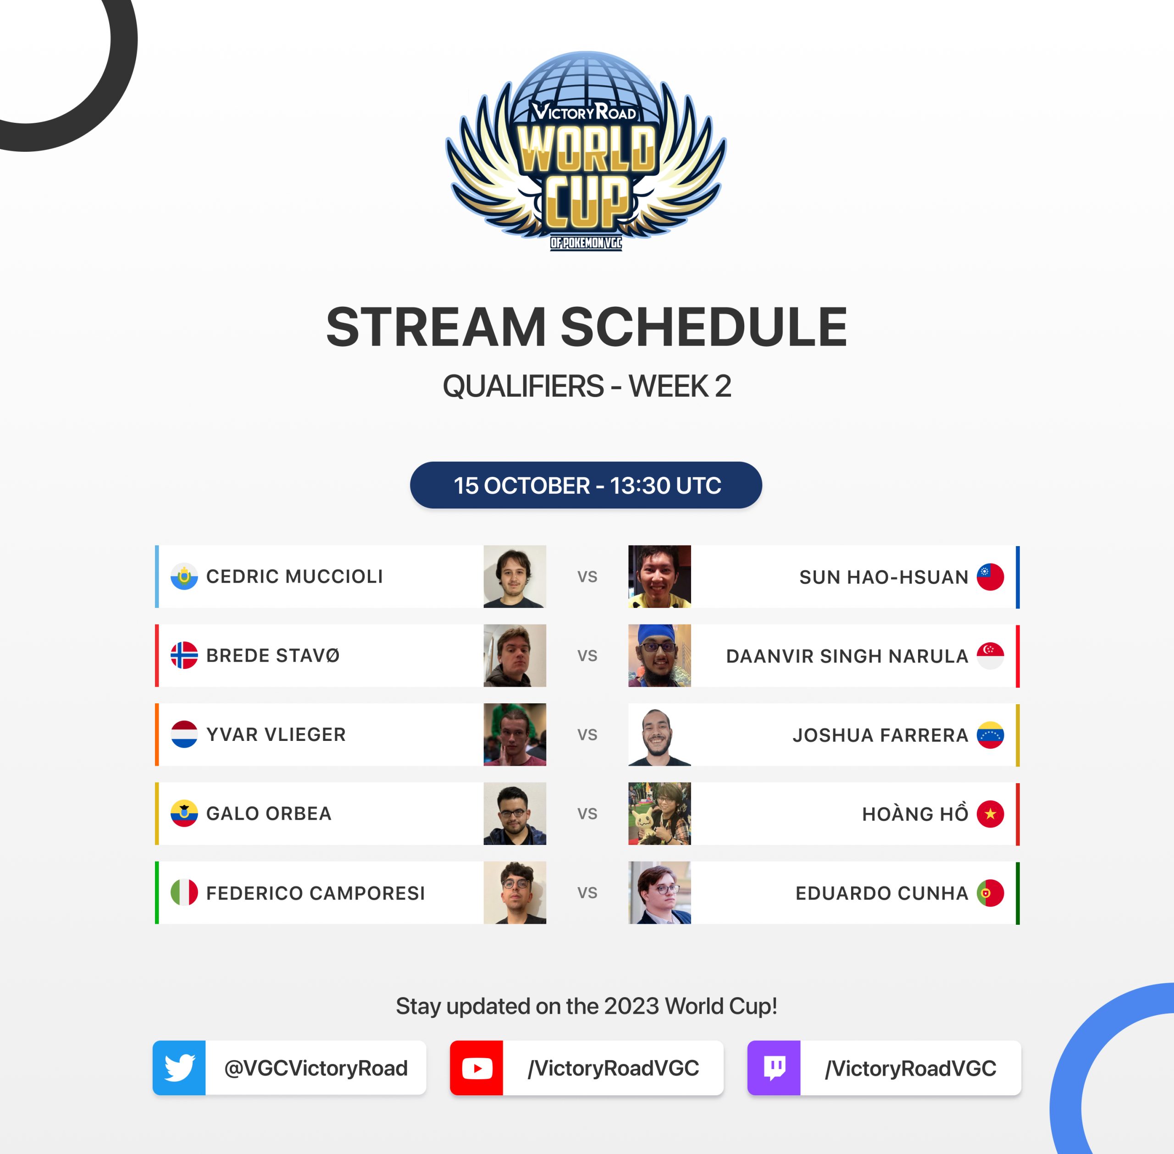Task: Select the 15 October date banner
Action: click(586, 485)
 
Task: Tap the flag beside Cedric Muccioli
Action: click(184, 576)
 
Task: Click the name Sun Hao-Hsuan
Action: click(884, 577)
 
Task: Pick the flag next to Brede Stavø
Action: click(184, 655)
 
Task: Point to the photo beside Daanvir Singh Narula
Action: click(659, 655)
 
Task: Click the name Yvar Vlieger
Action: click(276, 734)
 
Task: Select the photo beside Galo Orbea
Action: click(515, 813)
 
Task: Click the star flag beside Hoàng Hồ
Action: click(991, 813)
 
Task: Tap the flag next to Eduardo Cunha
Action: click(991, 893)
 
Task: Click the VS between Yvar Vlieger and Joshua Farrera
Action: click(587, 734)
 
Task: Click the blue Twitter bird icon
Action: click(179, 1068)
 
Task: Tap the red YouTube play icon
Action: click(476, 1068)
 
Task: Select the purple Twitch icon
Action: click(774, 1068)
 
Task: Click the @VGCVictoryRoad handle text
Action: click(316, 1068)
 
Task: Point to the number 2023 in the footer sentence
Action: click(631, 1006)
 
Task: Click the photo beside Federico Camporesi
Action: click(515, 893)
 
